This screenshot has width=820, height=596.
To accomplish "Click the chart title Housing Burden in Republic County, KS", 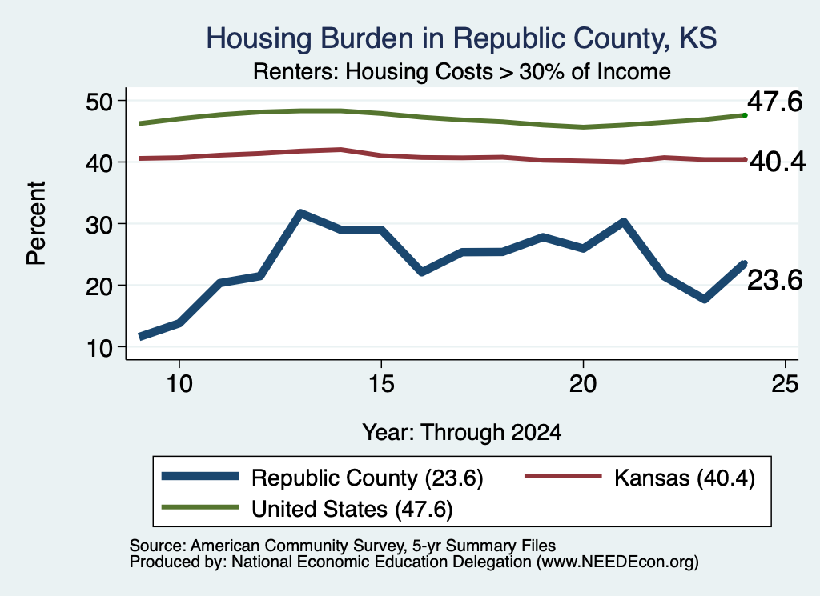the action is click(461, 38).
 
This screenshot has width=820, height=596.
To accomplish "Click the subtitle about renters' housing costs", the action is click(462, 71).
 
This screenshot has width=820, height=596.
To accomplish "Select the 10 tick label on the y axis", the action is click(99, 347).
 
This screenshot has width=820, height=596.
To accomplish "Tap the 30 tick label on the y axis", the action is click(99, 224).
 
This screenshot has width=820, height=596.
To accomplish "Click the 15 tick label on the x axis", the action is click(381, 384).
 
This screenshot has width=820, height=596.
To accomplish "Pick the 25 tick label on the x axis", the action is click(785, 384).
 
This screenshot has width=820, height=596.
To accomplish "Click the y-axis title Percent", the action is click(36, 223).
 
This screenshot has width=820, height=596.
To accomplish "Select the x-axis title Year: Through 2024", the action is click(462, 433).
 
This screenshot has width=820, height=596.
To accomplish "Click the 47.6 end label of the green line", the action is click(774, 102).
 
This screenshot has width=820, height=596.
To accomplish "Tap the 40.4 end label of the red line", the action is click(778, 162).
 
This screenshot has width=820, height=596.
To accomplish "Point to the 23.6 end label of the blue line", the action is click(774, 280).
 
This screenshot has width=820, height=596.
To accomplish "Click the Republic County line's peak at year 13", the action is click(300, 213).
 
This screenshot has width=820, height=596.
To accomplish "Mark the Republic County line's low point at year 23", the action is click(705, 299).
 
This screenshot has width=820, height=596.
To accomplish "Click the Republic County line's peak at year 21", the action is click(623, 222).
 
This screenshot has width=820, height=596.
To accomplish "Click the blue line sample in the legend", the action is click(200, 476).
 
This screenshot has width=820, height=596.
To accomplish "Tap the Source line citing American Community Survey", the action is click(343, 546).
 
